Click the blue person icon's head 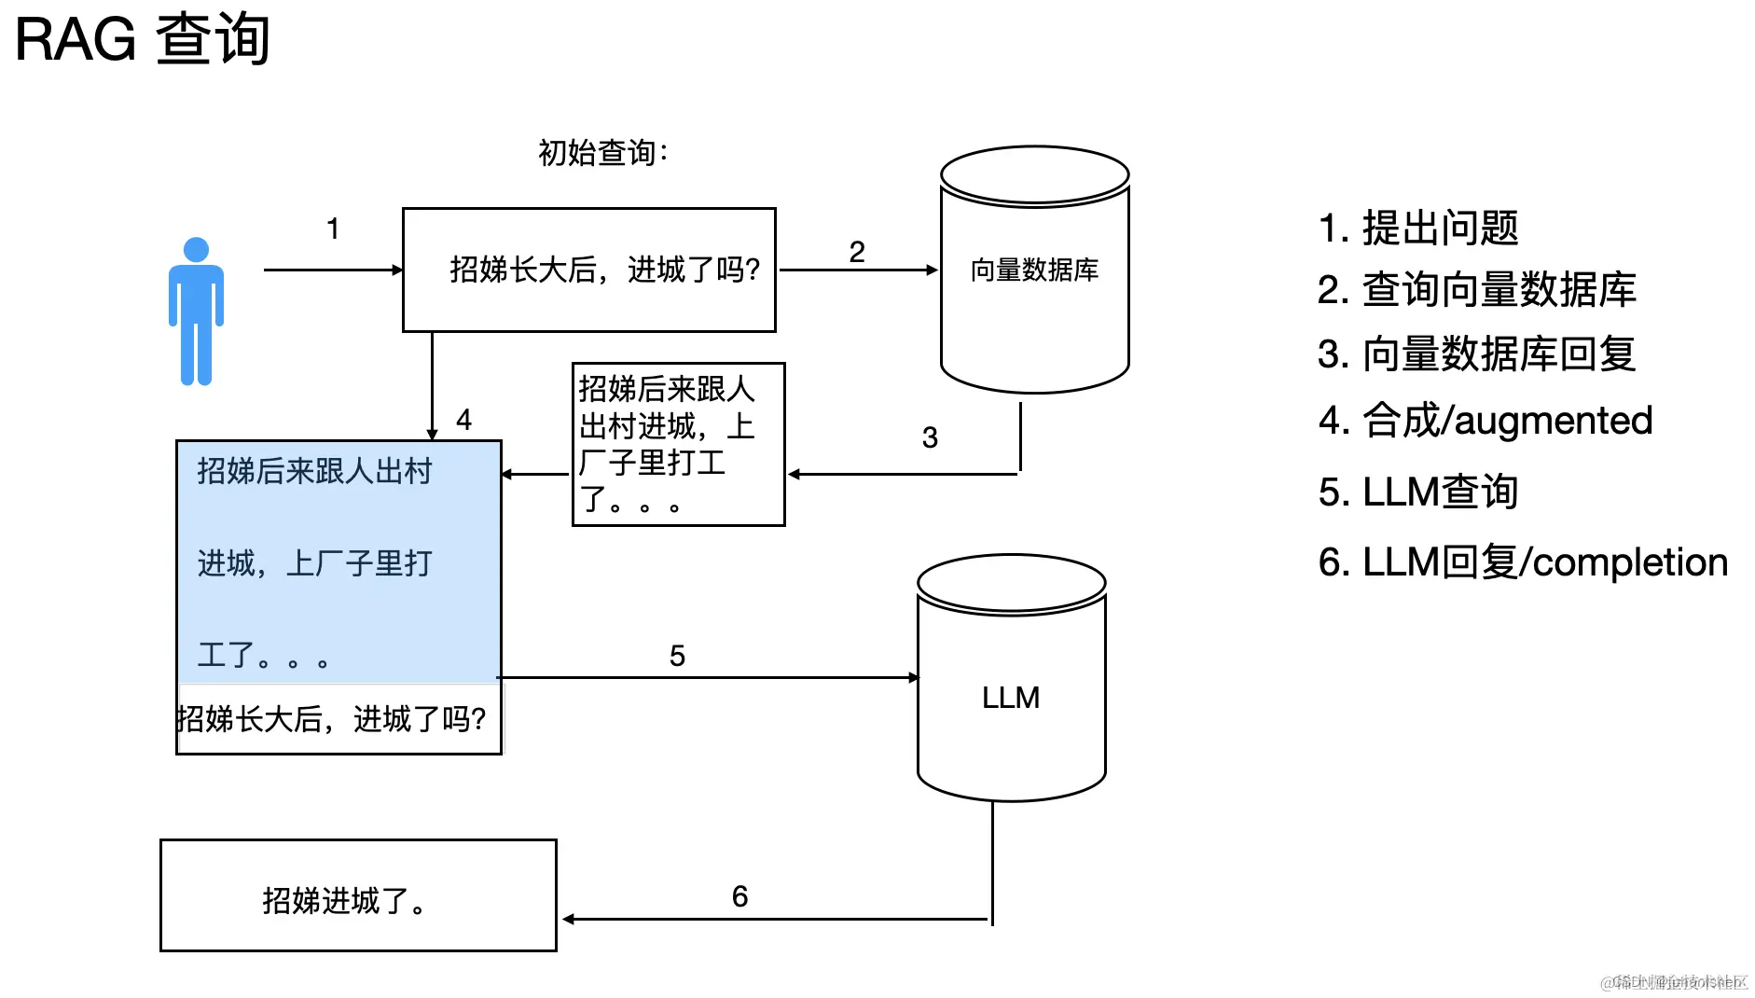coord(196,250)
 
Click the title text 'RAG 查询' coord(142,39)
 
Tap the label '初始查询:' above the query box coord(602,153)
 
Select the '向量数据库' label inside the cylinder coord(1034,270)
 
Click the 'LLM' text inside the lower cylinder coord(1011,698)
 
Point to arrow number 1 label coord(333,229)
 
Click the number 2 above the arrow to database coord(857,252)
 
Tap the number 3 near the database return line coord(930,437)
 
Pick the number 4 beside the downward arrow coord(463,420)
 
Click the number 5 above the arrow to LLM coord(677,656)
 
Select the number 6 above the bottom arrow coord(739,896)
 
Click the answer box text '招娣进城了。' coord(345,901)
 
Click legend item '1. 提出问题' coord(1417,229)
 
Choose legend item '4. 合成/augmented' coord(1485,421)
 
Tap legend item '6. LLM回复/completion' coord(1522,562)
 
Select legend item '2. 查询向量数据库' coord(1476,290)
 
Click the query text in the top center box coord(604,270)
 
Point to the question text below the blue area coord(332,719)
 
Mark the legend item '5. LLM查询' coord(1417,492)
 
